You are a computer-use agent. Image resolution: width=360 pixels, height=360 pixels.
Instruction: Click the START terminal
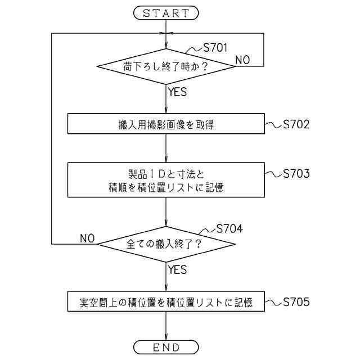point(166,12)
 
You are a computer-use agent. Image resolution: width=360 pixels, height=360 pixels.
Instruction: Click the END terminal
point(166,347)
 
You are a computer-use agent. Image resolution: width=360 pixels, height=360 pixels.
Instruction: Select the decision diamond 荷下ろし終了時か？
point(166,67)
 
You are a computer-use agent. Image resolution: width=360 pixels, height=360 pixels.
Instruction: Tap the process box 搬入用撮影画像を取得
point(166,125)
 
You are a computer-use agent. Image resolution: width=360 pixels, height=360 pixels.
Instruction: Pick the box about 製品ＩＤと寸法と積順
point(166,181)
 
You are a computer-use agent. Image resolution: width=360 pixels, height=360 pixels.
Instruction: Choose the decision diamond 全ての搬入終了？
point(166,244)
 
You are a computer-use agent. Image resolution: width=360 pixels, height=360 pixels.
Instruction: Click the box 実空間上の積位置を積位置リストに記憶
point(166,303)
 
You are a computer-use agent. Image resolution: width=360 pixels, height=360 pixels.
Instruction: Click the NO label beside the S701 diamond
point(243,60)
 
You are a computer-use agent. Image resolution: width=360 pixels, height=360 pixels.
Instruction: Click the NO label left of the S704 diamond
point(87,238)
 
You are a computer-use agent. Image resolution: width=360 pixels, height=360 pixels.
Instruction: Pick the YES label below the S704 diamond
point(177,270)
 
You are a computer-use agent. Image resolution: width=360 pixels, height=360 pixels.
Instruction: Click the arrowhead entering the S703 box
point(166,160)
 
